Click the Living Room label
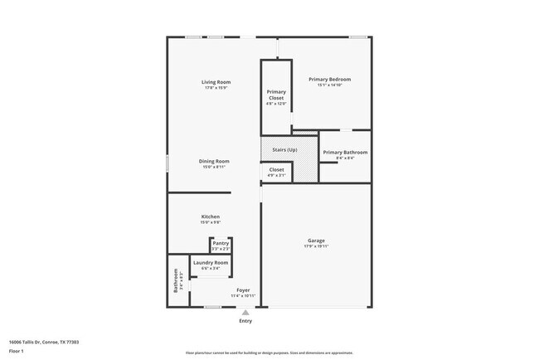216,82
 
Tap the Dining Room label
214,161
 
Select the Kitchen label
210,216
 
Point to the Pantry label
221,244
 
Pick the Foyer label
243,290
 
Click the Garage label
316,241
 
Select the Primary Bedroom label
330,80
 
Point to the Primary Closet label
276,95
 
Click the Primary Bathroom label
344,153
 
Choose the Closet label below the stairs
276,170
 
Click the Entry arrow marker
245,312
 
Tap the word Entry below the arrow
245,321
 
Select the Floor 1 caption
17,351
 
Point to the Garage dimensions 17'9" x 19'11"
316,246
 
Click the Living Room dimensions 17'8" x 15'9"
216,88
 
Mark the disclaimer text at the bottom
269,352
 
